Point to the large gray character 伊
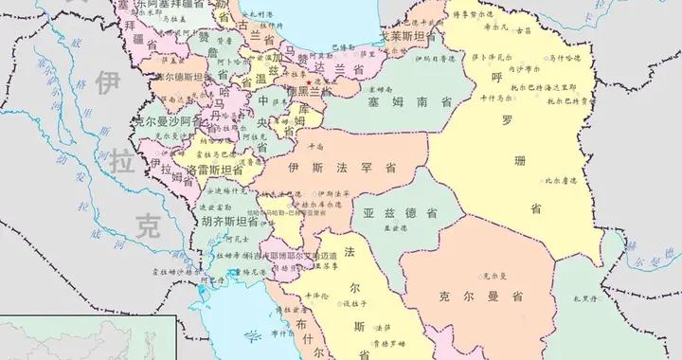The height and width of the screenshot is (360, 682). click(104, 82)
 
